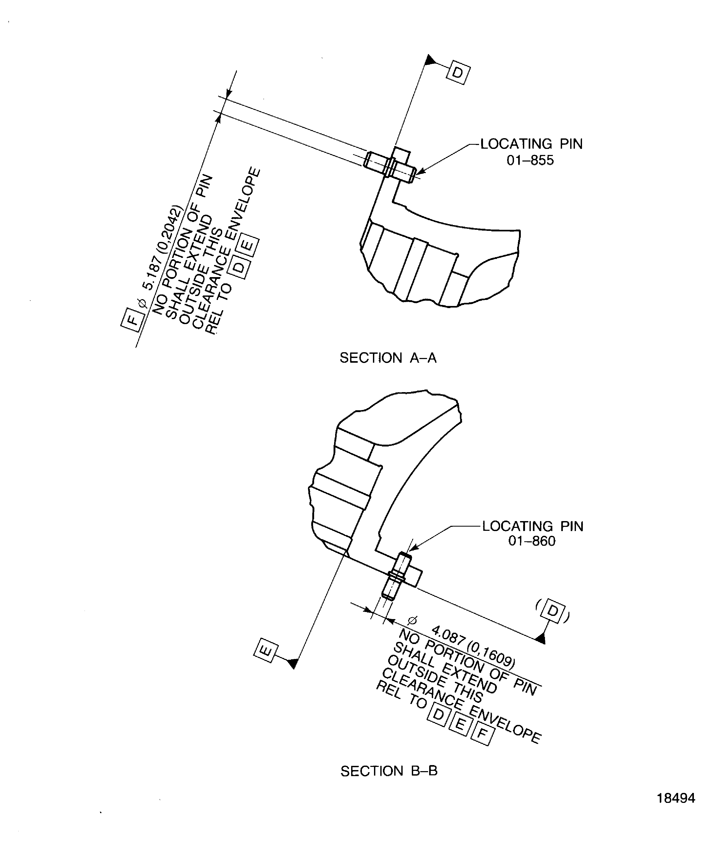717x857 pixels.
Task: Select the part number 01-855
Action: coord(530,160)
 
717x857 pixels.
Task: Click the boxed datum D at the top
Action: coord(458,73)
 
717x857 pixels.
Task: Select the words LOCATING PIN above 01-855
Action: coord(531,144)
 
